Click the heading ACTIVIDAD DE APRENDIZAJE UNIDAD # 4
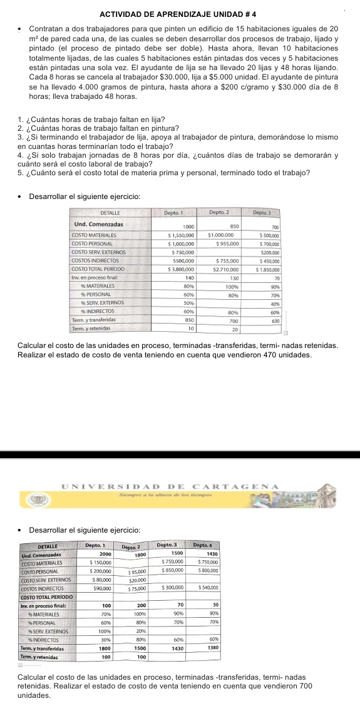tap(180, 13)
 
